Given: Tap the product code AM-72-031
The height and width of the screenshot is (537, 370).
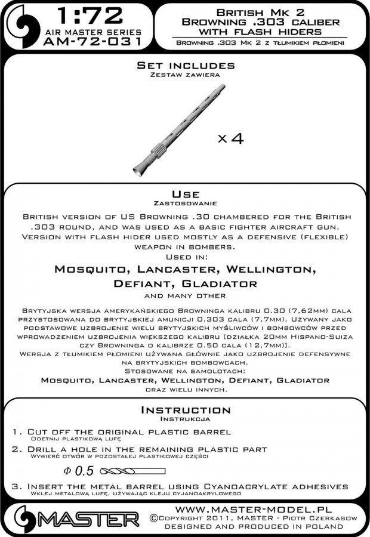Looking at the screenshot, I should [x=93, y=41].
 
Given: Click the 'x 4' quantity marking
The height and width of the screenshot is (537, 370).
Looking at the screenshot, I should [x=230, y=138].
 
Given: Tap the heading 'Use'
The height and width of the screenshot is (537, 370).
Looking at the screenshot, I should [x=184, y=195].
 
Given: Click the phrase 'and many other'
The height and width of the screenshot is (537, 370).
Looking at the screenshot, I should [x=184, y=295].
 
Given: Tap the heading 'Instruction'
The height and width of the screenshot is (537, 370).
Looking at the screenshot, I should [x=184, y=410].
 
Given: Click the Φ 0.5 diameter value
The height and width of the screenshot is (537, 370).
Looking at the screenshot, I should [x=81, y=471].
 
